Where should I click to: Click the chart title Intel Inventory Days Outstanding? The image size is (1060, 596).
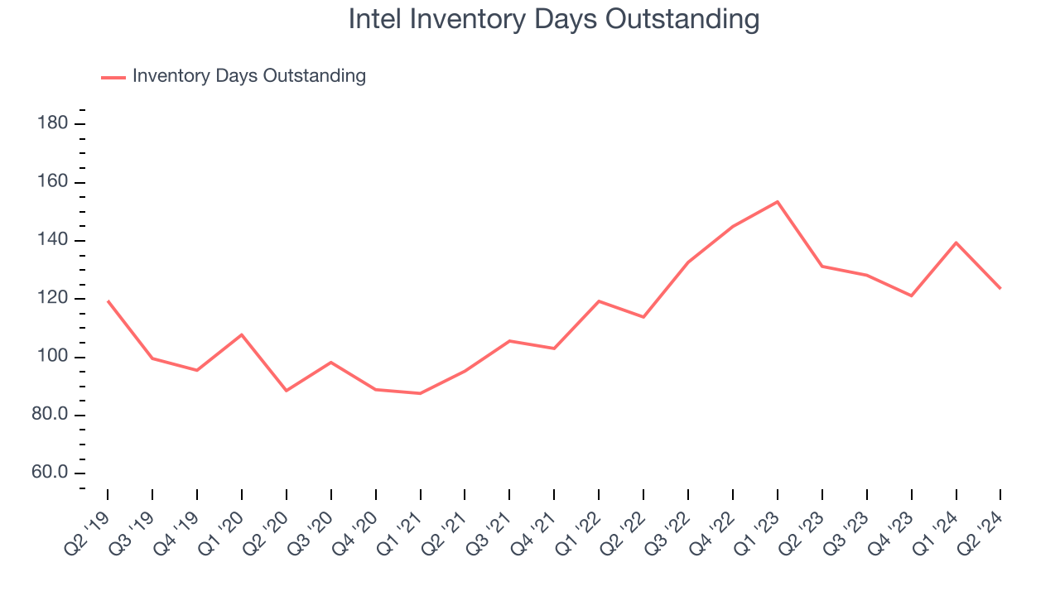553,20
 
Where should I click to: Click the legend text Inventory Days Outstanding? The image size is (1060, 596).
248,76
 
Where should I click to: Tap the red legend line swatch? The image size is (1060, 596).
113,77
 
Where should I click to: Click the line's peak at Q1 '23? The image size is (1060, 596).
778,201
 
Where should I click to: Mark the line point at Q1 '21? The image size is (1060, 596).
421,393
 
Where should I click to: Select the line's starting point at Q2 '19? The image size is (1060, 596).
108,300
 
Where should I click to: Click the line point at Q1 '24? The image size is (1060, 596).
956,243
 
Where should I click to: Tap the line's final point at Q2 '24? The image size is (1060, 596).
1000,288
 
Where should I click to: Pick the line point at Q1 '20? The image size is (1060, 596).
242,334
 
